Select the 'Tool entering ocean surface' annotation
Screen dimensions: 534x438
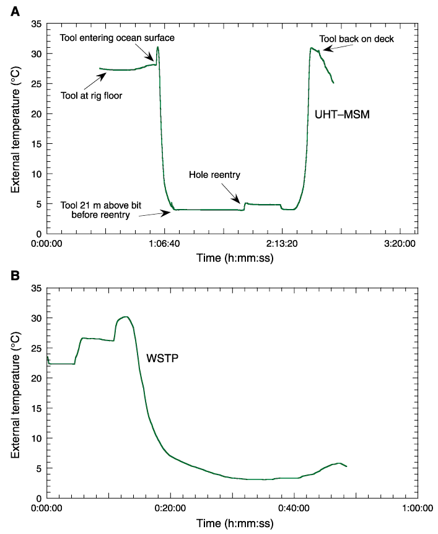pyautogui.click(x=117, y=38)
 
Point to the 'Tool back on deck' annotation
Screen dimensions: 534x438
pyautogui.click(x=356, y=38)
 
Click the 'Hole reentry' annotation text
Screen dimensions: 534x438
pyautogui.click(x=214, y=176)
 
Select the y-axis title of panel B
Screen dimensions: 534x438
pyautogui.click(x=16, y=392)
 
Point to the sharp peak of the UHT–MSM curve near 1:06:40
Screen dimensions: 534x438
pyautogui.click(x=158, y=47)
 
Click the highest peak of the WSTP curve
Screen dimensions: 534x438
pyautogui.click(x=126, y=317)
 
